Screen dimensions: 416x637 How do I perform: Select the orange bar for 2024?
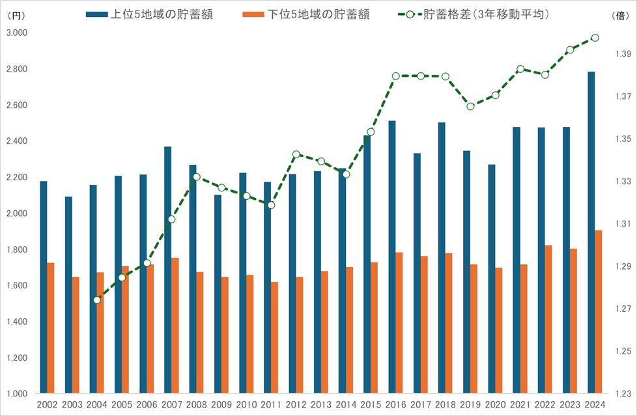(599, 312)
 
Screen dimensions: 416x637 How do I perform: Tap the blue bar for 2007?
(168, 270)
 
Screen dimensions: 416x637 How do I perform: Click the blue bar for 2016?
(392, 257)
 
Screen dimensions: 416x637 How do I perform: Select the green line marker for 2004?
(97, 300)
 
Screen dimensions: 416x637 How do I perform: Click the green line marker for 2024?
(595, 38)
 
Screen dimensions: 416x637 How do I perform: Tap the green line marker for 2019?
(470, 106)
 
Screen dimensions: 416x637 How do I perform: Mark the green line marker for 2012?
(296, 154)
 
